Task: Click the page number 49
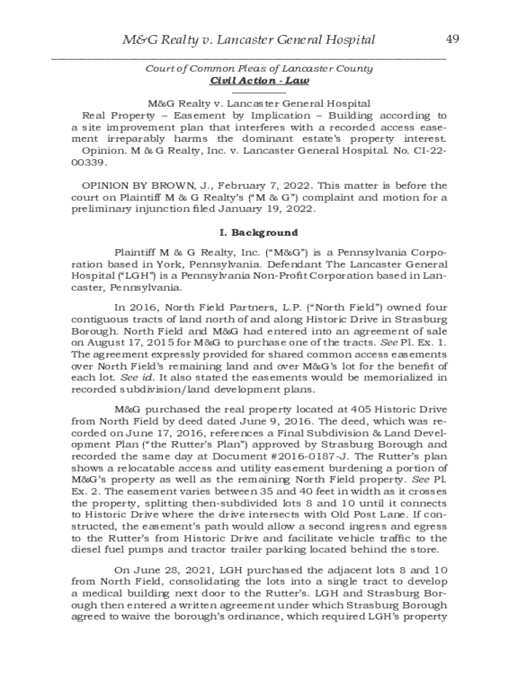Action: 452,39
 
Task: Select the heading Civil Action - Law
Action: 259,81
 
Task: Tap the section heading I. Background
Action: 259,232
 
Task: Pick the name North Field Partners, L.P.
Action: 202,306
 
